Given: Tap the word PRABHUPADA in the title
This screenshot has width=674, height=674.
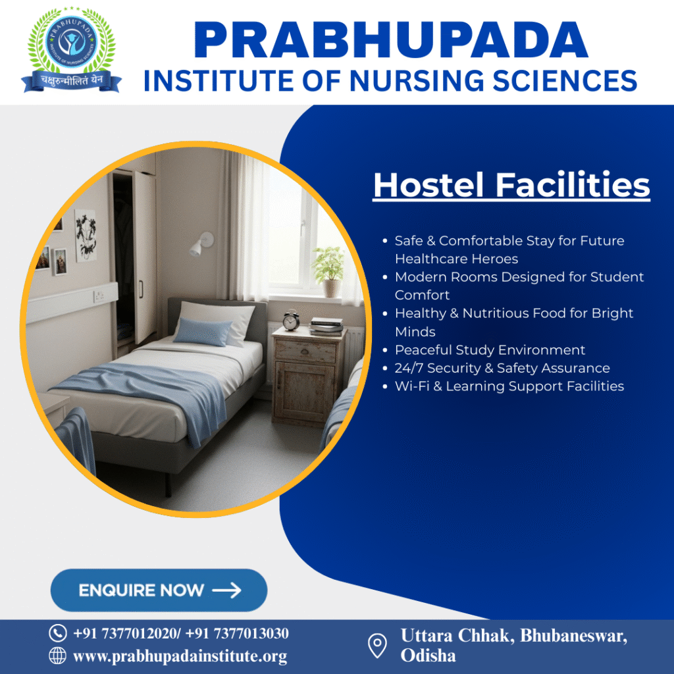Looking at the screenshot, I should (391, 41).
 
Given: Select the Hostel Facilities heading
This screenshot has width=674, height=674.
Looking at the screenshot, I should (511, 185).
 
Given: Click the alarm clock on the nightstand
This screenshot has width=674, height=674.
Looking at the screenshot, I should (291, 320).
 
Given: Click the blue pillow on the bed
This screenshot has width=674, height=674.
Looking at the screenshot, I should (203, 330).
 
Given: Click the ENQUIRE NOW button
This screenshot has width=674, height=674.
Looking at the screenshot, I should (159, 590).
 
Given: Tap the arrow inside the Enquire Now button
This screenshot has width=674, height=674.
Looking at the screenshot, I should (227, 590).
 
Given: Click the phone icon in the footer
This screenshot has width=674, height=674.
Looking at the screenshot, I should (58, 633).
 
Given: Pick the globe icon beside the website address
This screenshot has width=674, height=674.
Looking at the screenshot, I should (58, 656).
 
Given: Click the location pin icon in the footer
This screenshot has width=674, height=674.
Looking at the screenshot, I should (376, 645).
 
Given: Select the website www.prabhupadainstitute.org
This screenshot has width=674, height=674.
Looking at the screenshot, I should (180, 656).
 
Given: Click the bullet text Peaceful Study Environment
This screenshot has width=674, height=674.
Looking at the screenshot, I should (490, 350).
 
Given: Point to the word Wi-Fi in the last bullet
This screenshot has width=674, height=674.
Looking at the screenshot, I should (411, 386).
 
